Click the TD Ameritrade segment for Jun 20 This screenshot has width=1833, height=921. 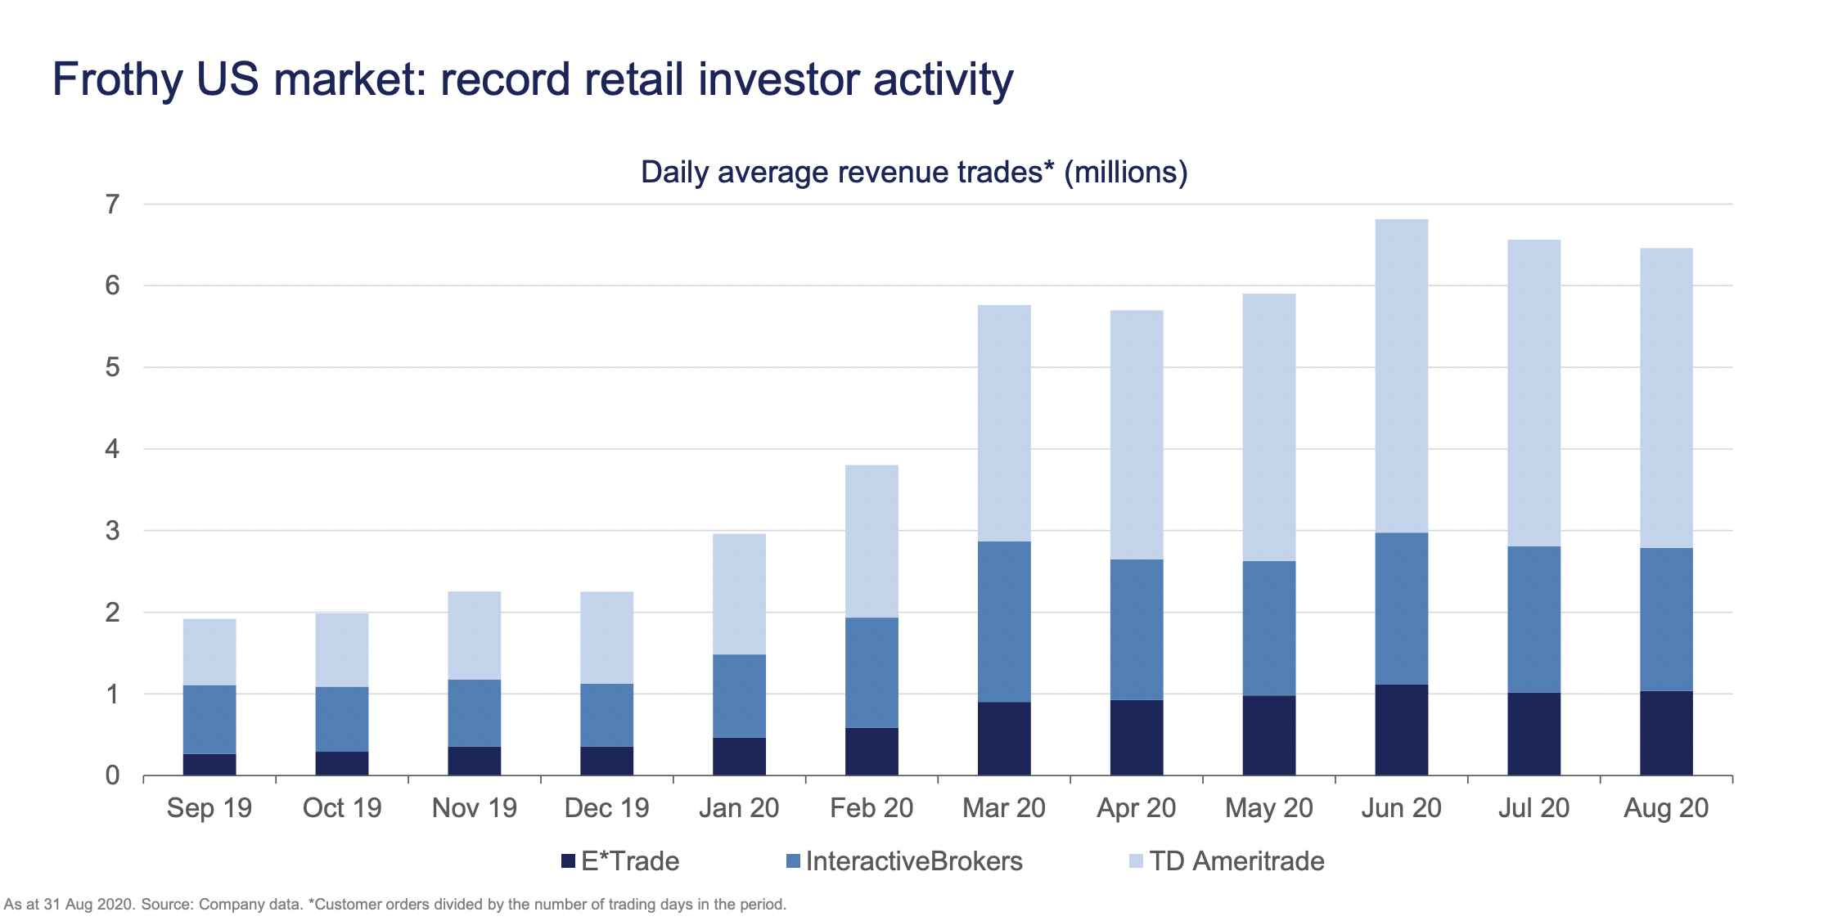coord(1401,375)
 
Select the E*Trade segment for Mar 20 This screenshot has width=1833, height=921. coord(1004,738)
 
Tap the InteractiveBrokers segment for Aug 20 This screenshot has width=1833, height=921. coord(1666,619)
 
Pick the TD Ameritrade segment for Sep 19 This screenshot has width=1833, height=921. coord(209,652)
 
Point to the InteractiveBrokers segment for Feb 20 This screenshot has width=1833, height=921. coord(871,672)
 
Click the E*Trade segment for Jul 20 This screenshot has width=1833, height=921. coord(1534,734)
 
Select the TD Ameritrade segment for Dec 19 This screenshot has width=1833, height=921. coord(606,637)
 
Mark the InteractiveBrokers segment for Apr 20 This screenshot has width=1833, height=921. coord(1137,629)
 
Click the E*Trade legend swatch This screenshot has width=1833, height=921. coord(568,861)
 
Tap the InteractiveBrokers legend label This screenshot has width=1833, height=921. coord(913,861)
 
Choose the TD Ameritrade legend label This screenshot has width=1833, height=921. coord(1236,861)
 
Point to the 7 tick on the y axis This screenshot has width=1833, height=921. coord(113,204)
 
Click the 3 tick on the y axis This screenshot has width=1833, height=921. coord(113,531)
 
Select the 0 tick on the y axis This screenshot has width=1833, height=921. coord(113,775)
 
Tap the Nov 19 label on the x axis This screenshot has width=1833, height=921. coord(475,808)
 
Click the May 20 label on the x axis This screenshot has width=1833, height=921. coord(1268,808)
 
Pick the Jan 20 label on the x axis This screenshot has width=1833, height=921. coord(739,808)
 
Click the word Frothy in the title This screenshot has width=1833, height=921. coord(118,80)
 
